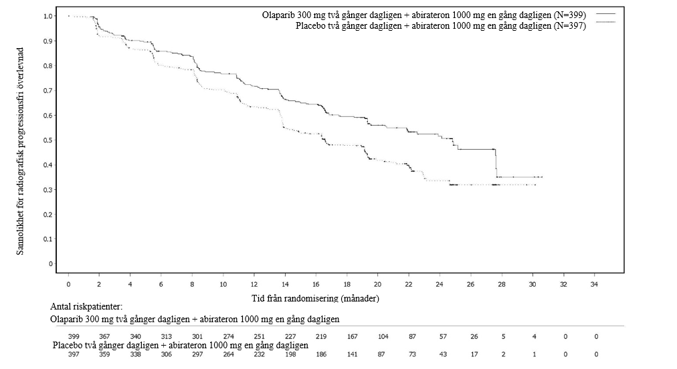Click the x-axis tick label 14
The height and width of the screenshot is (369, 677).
coord(285,284)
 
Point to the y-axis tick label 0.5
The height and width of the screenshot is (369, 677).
coord(48,140)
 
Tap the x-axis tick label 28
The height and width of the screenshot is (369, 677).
coord(502,284)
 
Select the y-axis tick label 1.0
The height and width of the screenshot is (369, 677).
coord(48,17)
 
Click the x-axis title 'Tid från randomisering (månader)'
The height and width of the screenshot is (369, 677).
coord(315,298)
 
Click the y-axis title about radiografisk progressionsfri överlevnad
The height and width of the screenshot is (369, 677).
coord(20,151)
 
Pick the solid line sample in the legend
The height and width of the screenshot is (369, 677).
coord(606,14)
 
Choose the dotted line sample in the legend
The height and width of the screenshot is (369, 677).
coord(606,21)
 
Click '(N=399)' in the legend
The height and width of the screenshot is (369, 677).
coord(570,15)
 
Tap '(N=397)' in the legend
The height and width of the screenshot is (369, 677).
coord(570,25)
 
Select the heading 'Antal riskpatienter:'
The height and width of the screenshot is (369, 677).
coord(86,307)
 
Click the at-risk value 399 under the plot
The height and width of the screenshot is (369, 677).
coord(74,337)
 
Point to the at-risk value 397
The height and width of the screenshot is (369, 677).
coord(74,354)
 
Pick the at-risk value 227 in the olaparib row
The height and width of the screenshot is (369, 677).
coord(290,337)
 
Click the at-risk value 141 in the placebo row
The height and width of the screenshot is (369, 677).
coord(353,354)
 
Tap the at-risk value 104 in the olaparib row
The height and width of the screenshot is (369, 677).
coord(383,337)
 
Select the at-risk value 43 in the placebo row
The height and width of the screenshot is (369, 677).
coord(443,354)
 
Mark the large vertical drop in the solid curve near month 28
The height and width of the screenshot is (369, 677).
coord(496,163)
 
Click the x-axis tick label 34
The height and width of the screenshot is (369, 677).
coord(595,284)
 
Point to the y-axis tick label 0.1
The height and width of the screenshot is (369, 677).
coord(48,239)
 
